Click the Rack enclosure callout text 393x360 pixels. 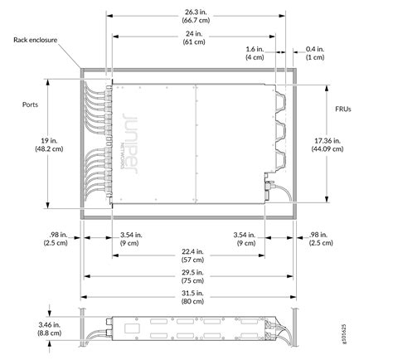pyautogui.click(x=36, y=39)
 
